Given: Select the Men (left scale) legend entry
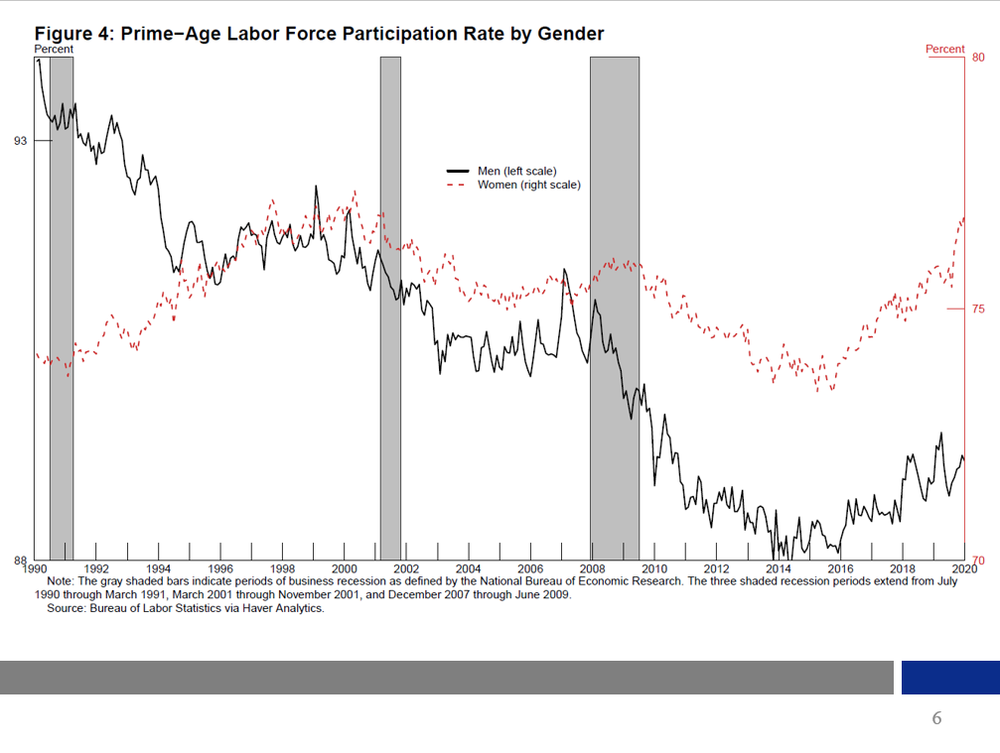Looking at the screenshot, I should tap(513, 172).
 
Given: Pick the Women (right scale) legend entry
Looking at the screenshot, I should tap(527, 185).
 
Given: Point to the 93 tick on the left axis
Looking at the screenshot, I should tap(21, 141).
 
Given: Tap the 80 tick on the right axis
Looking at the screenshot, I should tap(978, 58).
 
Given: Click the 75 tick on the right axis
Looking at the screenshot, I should tap(978, 310).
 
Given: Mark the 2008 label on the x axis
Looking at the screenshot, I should tap(592, 568).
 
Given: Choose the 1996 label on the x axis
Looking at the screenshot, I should tap(219, 568).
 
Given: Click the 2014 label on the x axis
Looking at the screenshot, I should tap(779, 568).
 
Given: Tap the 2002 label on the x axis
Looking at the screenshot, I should tap(406, 568).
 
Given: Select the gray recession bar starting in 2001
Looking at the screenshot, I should tap(390, 298).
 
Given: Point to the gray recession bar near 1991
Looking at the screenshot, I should tap(62, 298).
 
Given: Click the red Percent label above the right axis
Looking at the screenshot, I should tap(944, 49).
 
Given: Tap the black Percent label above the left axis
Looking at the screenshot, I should tap(54, 49).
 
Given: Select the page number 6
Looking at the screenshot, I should tap(935, 718).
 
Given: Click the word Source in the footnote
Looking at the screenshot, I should tap(66, 608).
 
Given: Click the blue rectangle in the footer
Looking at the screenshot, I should tap(950, 678).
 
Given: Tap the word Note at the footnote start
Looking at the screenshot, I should tap(60, 581).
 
